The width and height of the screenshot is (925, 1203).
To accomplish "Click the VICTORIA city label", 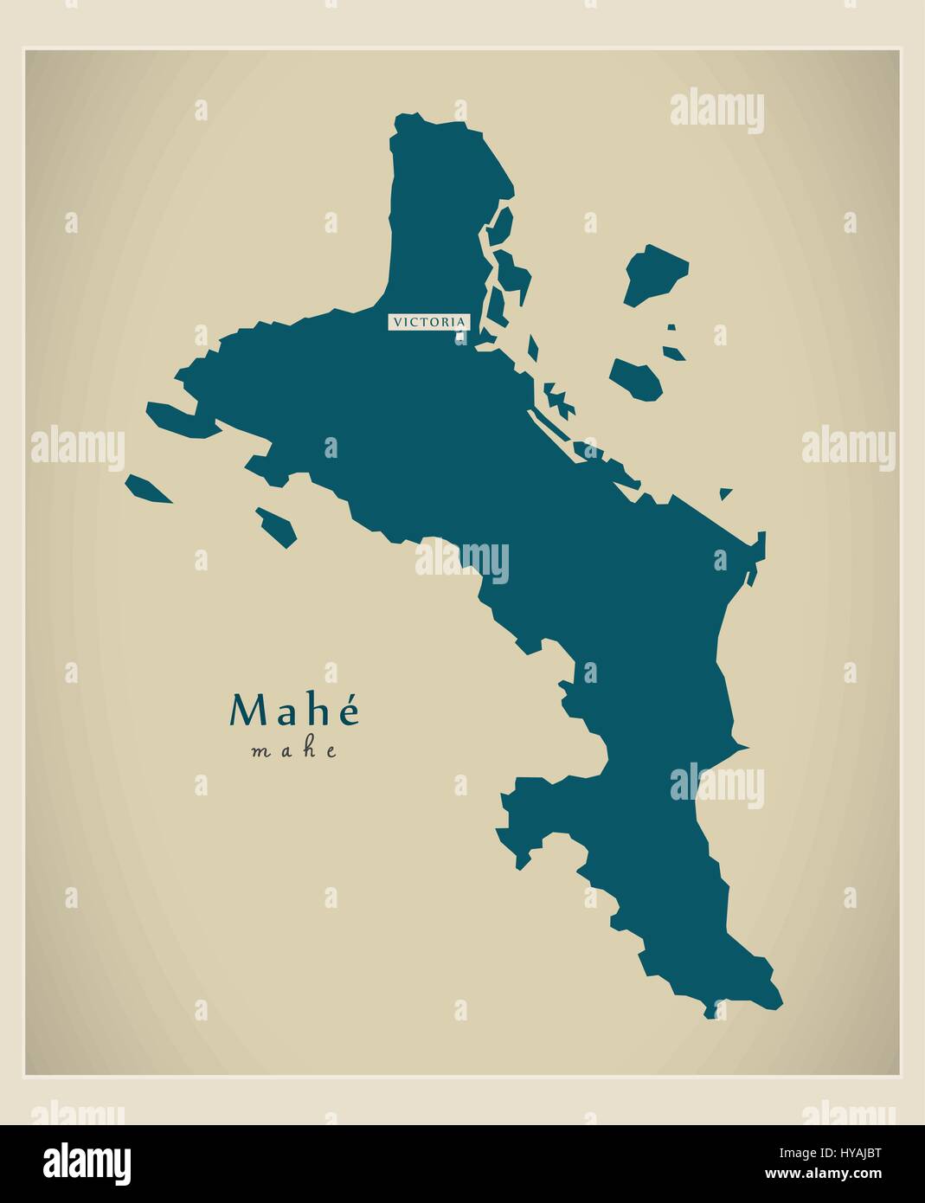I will (x=428, y=322).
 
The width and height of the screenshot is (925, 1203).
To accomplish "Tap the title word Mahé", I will (x=293, y=711).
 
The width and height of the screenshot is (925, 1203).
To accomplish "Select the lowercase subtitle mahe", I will (x=293, y=751).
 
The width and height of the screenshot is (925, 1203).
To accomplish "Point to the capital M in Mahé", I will (x=246, y=711).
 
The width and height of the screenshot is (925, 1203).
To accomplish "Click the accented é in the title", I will (x=348, y=711).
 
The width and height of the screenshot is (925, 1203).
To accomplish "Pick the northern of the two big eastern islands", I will (x=654, y=273).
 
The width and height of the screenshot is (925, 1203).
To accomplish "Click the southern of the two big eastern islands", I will (x=637, y=379).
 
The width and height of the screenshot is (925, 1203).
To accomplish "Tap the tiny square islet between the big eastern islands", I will (x=671, y=327).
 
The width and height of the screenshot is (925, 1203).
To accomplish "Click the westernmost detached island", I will (x=148, y=490).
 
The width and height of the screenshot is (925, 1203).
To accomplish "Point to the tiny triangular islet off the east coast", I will (x=725, y=493).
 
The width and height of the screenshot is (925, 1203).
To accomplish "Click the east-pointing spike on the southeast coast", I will (x=740, y=746).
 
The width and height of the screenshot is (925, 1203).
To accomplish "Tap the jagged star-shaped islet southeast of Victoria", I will (x=559, y=401).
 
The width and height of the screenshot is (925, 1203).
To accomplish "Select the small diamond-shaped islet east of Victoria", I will (x=533, y=349).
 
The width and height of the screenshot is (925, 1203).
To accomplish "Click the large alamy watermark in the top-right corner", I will (x=716, y=112).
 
